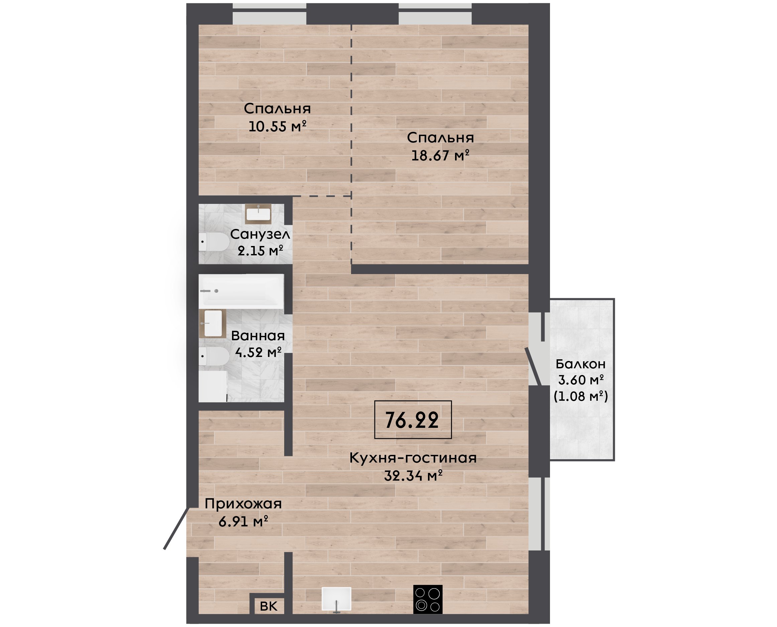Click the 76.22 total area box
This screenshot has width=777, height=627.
click(413, 420)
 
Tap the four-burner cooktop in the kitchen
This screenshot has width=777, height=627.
click(428, 599)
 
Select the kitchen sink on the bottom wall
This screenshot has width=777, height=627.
click(336, 600)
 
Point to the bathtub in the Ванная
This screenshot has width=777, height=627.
click(241, 291)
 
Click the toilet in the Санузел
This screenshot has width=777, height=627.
click(214, 242)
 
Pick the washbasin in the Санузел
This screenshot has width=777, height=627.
click(258, 214)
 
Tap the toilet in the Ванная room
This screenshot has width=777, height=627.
click(214, 356)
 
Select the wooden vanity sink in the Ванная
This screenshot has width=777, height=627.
click(212, 323)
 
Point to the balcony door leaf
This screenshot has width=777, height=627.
click(533, 367)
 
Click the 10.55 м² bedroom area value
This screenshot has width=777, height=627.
click(277, 126)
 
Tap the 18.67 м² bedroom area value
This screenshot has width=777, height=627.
click(440, 155)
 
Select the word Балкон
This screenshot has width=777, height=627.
click(580, 364)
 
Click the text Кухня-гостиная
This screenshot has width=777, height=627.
click(413, 458)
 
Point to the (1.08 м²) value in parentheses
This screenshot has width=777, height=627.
click(581, 396)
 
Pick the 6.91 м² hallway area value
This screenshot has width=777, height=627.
click(243, 521)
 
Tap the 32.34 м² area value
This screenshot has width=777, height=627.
click(413, 476)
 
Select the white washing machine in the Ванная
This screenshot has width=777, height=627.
click(212, 386)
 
